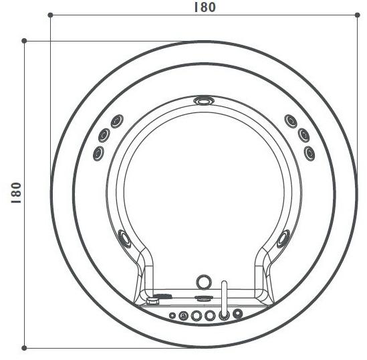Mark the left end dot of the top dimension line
point(51,14)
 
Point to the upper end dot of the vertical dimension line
point(24,41)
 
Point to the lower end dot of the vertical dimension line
point(24,347)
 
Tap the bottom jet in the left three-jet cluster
point(98,153)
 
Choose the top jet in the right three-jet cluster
point(290,120)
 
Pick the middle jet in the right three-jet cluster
point(302,134)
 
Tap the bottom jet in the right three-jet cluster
point(310,153)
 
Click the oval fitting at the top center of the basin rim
point(202,102)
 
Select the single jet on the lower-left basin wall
point(124,237)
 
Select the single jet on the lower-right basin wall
point(283,237)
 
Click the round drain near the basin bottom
point(203,282)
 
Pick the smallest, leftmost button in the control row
point(172,314)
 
